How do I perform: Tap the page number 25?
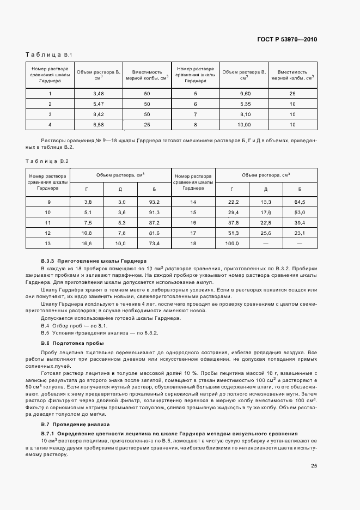[x=314, y=465]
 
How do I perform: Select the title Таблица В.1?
[x=45, y=55]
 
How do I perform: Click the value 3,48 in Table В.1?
[x=99, y=94]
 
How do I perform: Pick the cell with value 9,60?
[x=245, y=94]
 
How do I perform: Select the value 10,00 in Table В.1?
[x=245, y=125]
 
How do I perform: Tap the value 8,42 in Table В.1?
[x=99, y=114]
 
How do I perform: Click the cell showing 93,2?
[x=154, y=202]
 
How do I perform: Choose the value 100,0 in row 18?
[x=232, y=243]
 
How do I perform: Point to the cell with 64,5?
[x=300, y=202]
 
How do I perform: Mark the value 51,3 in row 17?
[x=232, y=233]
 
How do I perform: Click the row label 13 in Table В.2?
[x=48, y=243]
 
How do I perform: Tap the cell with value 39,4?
[x=300, y=222]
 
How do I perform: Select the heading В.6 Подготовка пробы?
[x=72, y=343]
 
